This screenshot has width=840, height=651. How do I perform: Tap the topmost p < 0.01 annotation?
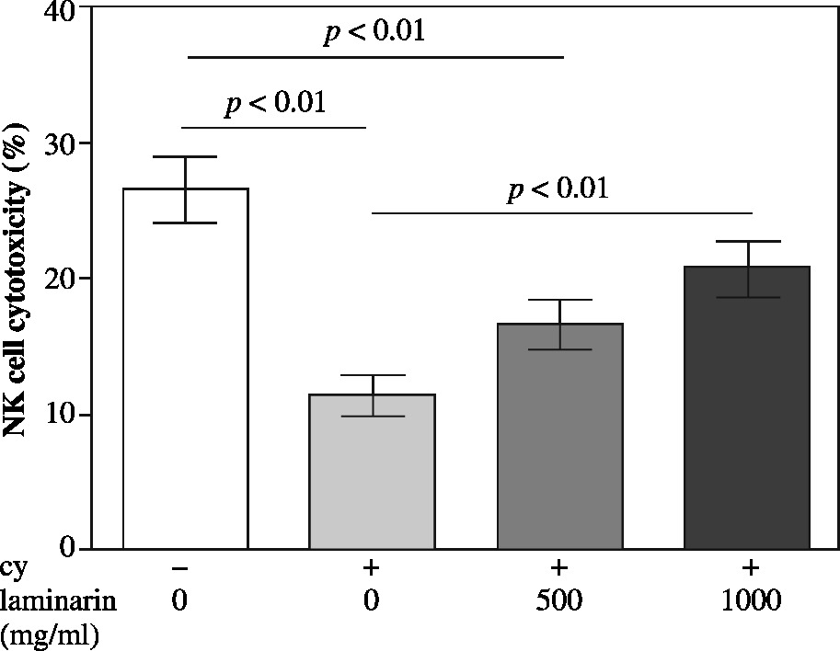(x=374, y=34)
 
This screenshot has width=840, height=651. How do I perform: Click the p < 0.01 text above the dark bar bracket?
(x=558, y=190)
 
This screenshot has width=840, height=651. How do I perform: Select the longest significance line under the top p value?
(x=375, y=57)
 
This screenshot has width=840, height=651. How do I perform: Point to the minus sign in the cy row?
(x=181, y=566)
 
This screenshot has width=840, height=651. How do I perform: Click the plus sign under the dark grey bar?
(x=751, y=566)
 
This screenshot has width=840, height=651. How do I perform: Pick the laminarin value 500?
(x=558, y=602)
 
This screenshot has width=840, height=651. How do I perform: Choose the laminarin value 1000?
(x=750, y=602)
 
